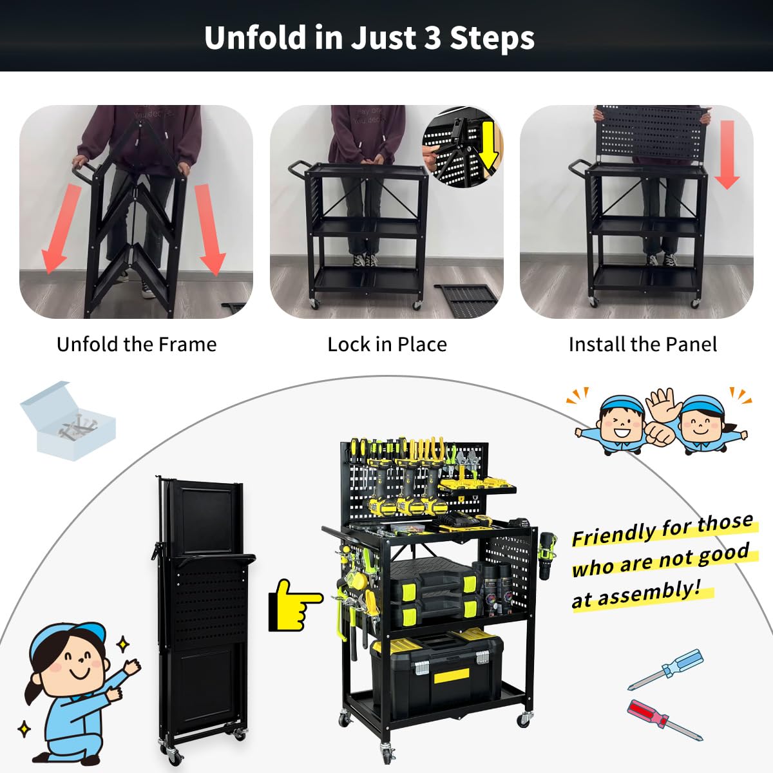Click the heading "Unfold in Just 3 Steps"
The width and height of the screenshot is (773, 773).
pos(369,37)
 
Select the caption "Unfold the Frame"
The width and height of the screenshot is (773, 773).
pos(137,344)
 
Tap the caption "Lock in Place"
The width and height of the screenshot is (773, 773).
pos(386,344)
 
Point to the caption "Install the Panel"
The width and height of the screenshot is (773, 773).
pos(642,344)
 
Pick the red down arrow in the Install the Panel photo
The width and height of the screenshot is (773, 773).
pos(727,155)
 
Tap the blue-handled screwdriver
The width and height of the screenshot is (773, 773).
pos(667,668)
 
